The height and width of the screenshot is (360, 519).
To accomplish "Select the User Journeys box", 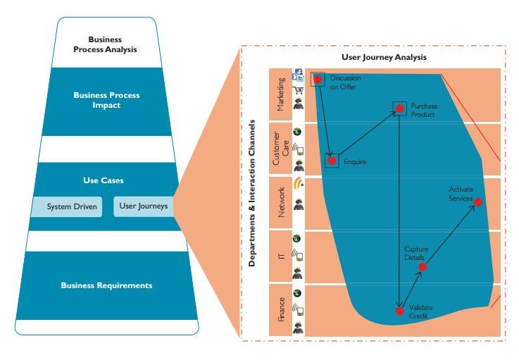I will (x=144, y=206).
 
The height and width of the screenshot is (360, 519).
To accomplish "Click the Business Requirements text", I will (x=106, y=285).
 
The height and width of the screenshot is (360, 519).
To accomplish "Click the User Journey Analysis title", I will (x=384, y=57).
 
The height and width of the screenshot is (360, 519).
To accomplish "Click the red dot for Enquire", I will (x=332, y=161).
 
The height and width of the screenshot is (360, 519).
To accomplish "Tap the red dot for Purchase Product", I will (x=399, y=108).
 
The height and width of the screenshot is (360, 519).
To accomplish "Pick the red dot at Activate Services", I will (x=478, y=203).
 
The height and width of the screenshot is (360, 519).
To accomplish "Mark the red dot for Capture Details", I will (x=423, y=267).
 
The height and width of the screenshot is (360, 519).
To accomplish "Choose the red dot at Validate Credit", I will (x=399, y=311).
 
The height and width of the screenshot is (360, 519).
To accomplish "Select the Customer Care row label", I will (x=280, y=149).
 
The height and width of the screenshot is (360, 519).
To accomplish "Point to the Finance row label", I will (x=280, y=310).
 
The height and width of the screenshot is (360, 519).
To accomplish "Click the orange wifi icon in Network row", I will (x=298, y=185).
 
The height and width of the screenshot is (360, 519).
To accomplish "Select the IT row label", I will (x=280, y=256).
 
